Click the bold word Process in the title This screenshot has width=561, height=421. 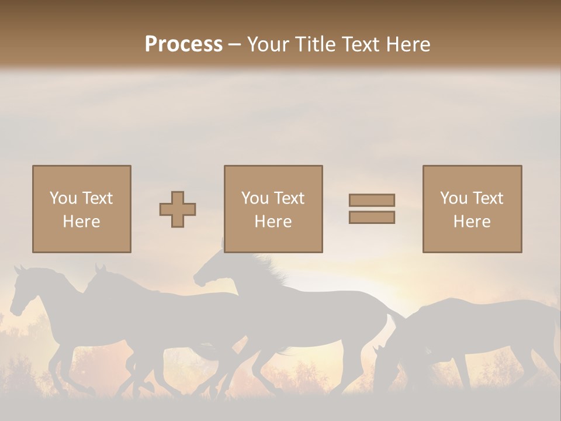tap(183, 44)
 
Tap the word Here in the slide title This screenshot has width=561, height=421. tap(408, 44)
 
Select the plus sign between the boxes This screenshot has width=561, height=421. tap(178, 209)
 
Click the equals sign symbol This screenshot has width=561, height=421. tap(372, 209)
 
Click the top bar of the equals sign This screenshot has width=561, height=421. tap(372, 201)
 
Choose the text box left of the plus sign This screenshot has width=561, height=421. tap(82, 209)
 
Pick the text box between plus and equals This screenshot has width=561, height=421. tap(273, 209)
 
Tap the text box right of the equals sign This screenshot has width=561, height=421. tap(472, 209)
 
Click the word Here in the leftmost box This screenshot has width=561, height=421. tap(81, 221)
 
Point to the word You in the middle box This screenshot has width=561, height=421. tap(255, 198)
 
